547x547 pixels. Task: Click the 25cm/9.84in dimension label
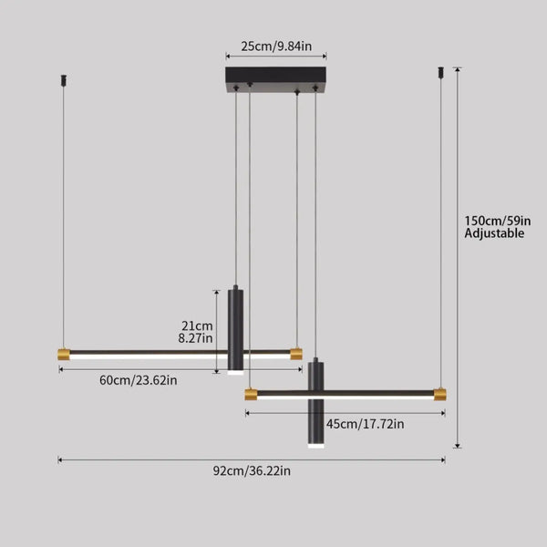pos(276,45)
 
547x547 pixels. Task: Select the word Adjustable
pos(494,233)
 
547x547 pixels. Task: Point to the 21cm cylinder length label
pos(196,325)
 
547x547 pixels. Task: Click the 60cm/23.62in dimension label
pos(139,379)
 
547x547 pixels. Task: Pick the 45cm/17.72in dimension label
pos(367,423)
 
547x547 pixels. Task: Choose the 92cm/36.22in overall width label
pos(252,471)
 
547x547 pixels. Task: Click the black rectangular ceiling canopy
pos(276,78)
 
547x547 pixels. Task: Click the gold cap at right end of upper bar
pos(296,353)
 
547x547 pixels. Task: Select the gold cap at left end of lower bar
pos(251,394)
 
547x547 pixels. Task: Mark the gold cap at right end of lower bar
pos(439,394)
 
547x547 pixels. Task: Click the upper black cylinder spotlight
pos(235,328)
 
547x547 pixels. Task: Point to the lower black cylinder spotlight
pos(315,406)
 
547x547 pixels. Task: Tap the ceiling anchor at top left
pos(63,78)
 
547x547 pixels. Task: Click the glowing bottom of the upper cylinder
pos(235,372)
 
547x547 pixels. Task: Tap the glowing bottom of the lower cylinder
pos(315,449)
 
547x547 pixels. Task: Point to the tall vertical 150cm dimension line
pos(457,273)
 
